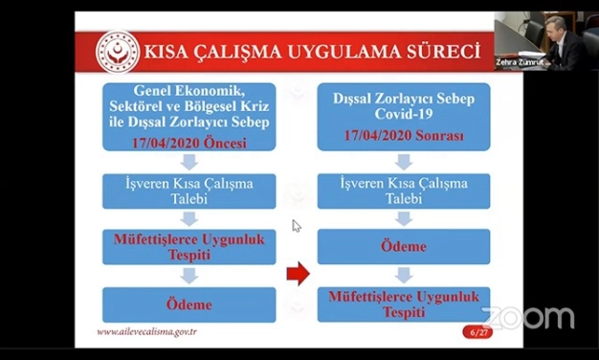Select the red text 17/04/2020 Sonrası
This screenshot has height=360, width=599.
click(403, 136)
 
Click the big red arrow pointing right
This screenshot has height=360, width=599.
click(299, 276)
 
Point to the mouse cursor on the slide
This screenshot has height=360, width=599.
click(296, 226)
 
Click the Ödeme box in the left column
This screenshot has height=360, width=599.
click(189, 304)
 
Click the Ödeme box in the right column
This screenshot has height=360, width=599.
click(403, 246)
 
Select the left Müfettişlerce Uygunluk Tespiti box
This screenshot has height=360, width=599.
click(189, 247)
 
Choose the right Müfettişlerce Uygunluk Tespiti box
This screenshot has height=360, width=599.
click(403, 304)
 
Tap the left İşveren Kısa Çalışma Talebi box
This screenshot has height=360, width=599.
click(189, 190)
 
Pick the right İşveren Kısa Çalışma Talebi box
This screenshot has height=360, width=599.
click(403, 190)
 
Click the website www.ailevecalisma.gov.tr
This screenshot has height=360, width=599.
click(147, 332)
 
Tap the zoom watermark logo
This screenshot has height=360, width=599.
click(528, 318)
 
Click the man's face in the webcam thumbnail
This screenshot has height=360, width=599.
click(556, 30)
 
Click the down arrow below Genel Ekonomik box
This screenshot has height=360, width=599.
click(189, 162)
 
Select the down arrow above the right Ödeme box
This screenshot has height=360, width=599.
click(403, 218)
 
